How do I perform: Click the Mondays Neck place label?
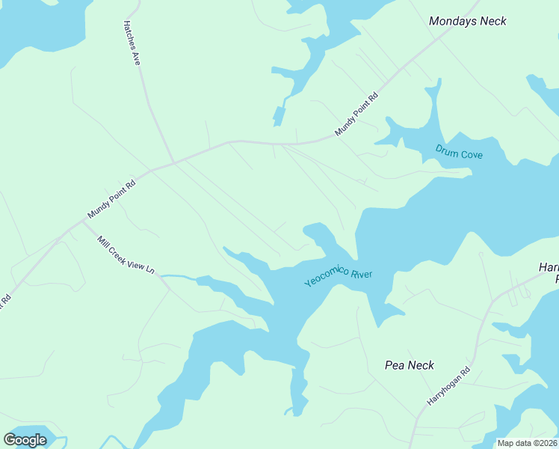(x=467, y=21)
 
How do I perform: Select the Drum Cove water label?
(x=459, y=152)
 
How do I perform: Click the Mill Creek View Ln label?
(x=126, y=255)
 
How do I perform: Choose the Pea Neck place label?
(x=409, y=365)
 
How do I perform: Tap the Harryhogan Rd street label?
(x=449, y=386)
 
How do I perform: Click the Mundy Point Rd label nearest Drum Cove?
(x=357, y=114)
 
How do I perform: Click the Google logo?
(x=25, y=440)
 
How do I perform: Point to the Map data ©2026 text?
(x=527, y=443)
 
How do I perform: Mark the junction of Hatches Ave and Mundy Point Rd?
(x=173, y=162)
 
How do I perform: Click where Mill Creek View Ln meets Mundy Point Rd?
(x=82, y=222)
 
